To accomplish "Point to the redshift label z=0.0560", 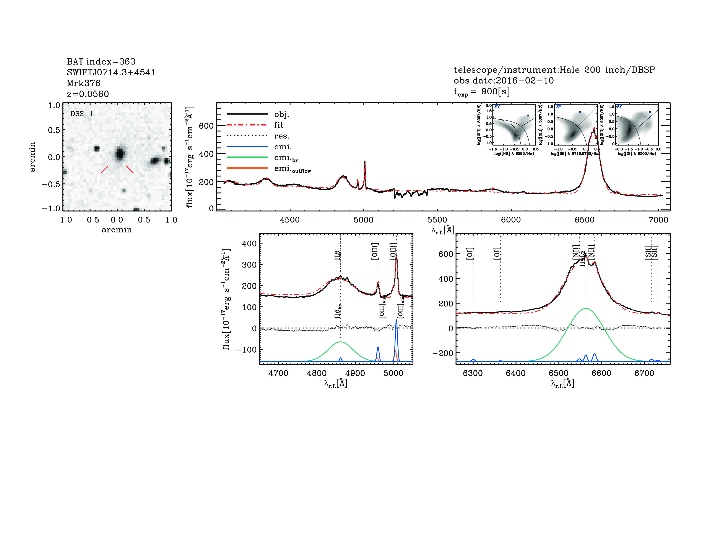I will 88,94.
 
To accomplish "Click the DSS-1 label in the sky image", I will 82,114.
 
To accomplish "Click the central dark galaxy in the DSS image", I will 120,153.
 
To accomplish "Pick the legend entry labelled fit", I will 279,125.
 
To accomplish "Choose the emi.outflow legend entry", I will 292,169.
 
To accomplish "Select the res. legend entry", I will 281,136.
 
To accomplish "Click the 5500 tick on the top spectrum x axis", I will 437,220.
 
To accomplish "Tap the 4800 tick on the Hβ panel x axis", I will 317,373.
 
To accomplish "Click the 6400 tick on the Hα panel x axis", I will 516,373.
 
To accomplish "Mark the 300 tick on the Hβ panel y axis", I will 249,265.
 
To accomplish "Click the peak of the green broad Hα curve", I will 586,308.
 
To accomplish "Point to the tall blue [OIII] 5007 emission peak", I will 396,320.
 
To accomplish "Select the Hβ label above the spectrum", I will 338,255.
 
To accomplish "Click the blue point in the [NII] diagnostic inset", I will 528,115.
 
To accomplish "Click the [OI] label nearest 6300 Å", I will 470,253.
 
